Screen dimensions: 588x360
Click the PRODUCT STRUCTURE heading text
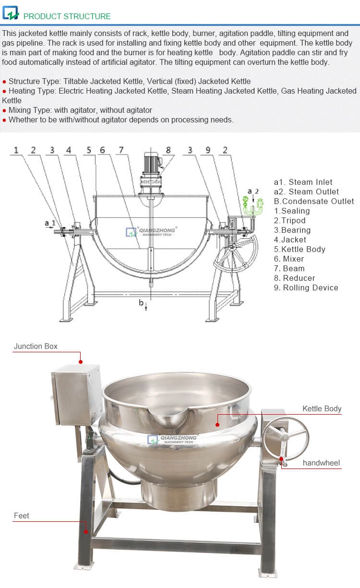coord(67,16)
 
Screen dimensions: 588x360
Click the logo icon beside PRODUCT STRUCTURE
coord(11,13)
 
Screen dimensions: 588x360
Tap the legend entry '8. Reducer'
coord(294,278)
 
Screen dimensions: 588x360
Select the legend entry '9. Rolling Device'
coord(306,288)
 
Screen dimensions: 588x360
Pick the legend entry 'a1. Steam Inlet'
coord(303,182)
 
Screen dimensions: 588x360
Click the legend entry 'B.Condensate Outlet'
coord(314,201)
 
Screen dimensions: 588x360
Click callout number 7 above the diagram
coord(121,150)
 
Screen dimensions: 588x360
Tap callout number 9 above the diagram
coord(208,150)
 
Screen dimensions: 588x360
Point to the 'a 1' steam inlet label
coord(50,223)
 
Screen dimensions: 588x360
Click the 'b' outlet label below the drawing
coord(141,302)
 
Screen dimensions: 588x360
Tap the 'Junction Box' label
coord(36,346)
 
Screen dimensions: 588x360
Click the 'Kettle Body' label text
coord(322,409)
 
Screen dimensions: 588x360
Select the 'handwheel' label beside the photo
coord(321,463)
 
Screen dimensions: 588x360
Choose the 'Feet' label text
coord(21,516)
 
